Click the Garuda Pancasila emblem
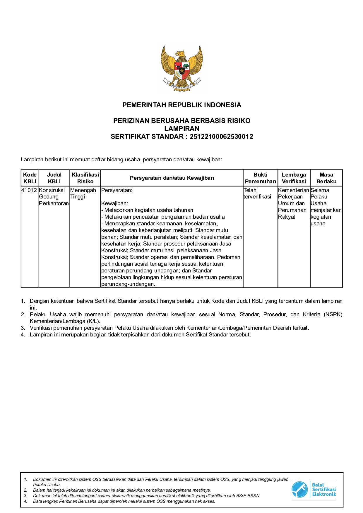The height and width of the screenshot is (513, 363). point(181,68)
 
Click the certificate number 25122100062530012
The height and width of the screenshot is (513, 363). point(221,137)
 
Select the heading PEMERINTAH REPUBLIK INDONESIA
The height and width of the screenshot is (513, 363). point(181,105)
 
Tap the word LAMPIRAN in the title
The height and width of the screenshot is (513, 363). point(181,129)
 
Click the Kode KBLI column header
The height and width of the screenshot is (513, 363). point(30,178)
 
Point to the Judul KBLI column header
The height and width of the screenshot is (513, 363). point(54,178)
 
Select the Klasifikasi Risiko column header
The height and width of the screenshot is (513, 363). point(85,178)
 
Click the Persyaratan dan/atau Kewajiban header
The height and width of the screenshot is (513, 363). point(172,178)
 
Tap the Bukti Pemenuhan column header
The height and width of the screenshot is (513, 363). point(260,178)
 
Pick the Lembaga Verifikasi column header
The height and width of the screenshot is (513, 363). point(294,178)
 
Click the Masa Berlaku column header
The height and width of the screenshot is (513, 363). point(326,178)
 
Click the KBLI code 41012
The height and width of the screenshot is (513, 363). point(29,190)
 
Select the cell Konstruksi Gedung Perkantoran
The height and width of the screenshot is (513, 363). point(54,197)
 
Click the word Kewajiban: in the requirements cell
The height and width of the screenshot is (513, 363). point(114,203)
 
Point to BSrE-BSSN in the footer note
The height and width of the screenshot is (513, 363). point(248,496)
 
